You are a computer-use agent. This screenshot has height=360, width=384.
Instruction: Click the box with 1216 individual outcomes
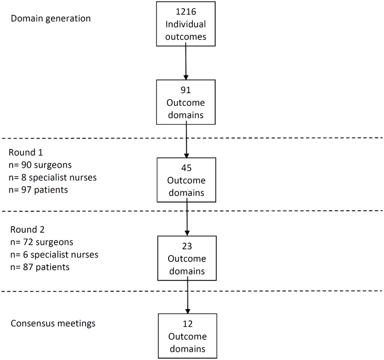click(x=186, y=24)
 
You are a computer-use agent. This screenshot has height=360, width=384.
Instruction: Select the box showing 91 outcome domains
click(x=186, y=102)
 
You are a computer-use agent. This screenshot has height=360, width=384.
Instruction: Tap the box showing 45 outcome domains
click(x=186, y=180)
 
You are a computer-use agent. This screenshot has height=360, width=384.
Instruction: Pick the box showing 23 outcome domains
click(x=187, y=258)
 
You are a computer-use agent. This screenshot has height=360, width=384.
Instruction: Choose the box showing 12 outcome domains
click(x=188, y=336)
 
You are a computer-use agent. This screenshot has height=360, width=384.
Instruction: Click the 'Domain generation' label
click(x=51, y=18)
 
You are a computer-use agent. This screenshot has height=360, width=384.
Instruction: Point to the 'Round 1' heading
click(x=26, y=153)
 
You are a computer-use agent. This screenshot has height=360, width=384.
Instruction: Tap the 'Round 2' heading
click(x=27, y=229)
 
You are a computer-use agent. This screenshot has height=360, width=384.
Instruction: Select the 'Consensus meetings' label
click(x=53, y=324)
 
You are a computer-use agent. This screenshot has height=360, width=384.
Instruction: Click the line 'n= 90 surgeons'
click(x=40, y=165)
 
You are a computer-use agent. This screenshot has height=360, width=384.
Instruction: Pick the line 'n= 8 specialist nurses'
click(x=53, y=177)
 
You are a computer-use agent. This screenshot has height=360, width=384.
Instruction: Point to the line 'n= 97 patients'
click(x=38, y=190)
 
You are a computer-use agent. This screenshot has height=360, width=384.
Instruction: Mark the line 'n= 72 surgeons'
click(x=42, y=242)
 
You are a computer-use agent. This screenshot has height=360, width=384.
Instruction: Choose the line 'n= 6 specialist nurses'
click(x=54, y=255)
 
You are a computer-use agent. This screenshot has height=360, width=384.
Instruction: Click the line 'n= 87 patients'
click(x=40, y=267)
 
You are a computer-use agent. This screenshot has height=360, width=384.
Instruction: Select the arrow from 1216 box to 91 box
click(x=186, y=61)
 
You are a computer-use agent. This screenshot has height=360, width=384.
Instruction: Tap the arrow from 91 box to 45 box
click(x=186, y=139)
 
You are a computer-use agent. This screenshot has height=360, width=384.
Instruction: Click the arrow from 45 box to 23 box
click(x=187, y=217)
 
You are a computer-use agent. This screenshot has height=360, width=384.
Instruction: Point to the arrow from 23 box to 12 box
click(x=188, y=295)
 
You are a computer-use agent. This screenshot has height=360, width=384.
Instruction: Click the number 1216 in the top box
click(x=186, y=12)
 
